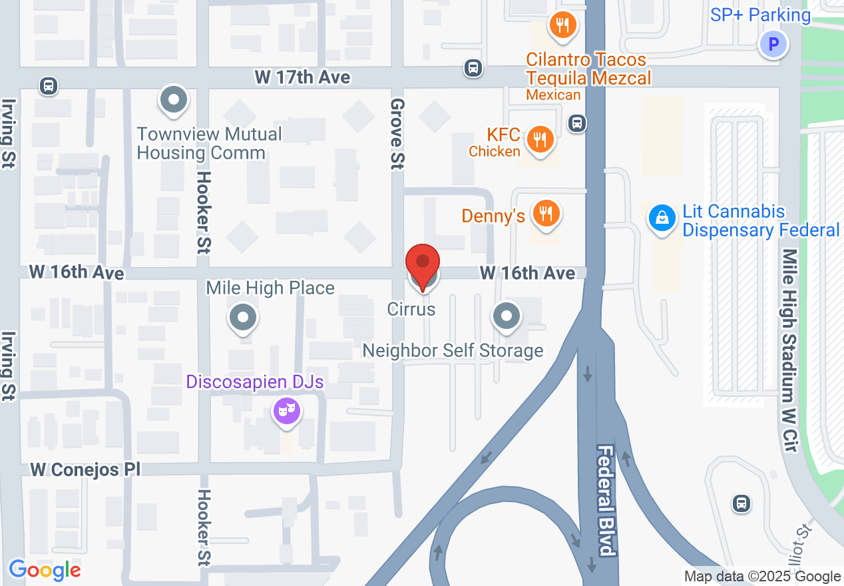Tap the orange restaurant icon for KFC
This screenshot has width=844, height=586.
tap(540, 140)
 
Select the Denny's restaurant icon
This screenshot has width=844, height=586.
tap(546, 214)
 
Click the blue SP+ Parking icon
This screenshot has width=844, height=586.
tap(773, 45)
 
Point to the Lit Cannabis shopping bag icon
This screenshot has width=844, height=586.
tap(662, 218)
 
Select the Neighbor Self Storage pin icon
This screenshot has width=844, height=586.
tap(507, 316)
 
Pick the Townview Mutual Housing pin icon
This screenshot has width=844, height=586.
tap(174, 100)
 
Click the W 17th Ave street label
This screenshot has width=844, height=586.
tap(302, 77)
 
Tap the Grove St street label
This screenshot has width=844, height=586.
tap(397, 133)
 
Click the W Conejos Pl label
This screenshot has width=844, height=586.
tap(85, 469)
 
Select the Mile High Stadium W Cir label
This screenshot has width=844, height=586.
tap(790, 350)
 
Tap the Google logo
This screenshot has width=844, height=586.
tap(45, 570)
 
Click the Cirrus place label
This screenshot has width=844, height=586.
tap(411, 309)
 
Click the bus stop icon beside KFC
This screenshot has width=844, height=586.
tap(577, 123)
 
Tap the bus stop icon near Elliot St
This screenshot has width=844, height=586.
tap(741, 503)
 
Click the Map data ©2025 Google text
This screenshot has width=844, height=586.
tap(762, 577)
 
